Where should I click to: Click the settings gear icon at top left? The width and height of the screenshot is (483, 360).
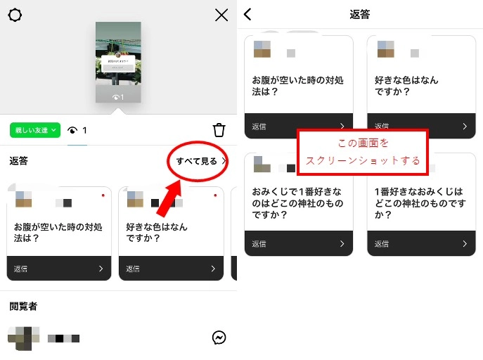point(15,15)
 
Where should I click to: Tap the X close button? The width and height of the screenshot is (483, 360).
point(221,15)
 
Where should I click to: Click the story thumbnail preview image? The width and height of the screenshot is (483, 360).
point(118,62)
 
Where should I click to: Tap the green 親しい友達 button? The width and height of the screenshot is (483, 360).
point(32,130)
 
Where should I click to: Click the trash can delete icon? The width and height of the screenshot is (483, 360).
point(219,130)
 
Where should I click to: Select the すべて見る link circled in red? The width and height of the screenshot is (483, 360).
point(197,161)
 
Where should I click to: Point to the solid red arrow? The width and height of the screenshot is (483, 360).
point(167,197)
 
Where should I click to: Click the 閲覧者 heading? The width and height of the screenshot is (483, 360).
point(24,306)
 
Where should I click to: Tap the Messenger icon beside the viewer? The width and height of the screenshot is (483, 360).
point(219,338)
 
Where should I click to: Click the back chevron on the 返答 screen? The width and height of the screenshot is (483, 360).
point(247,14)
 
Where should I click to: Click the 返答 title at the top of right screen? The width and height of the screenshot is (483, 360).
point(359,14)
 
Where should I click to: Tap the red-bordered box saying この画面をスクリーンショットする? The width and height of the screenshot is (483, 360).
point(362,152)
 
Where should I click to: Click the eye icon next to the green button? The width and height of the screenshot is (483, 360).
point(72,130)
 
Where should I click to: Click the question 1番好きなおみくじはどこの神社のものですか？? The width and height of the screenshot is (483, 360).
point(420,202)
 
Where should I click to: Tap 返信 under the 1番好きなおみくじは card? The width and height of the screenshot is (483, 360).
point(382,244)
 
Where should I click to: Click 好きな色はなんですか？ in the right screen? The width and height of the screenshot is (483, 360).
point(406,86)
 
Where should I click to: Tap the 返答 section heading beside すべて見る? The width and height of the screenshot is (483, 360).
point(19,161)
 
